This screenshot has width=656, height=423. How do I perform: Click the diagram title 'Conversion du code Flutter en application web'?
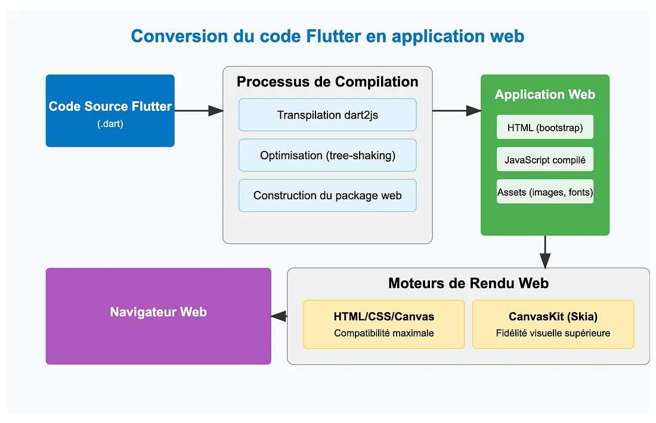(327, 36)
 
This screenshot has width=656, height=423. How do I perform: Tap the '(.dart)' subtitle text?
(110, 125)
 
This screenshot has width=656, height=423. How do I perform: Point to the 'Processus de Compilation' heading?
(327, 82)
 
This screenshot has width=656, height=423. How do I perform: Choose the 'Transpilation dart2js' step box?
(327, 115)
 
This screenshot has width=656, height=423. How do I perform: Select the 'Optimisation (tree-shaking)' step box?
(327, 155)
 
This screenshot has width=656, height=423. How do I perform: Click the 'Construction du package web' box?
(327, 195)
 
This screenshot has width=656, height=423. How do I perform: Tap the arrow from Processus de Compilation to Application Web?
(456, 110)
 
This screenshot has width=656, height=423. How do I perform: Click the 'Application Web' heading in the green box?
(544, 94)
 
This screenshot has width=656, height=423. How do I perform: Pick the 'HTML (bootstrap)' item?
(544, 128)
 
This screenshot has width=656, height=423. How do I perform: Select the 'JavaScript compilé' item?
(544, 160)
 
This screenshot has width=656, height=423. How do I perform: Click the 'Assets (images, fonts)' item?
(544, 192)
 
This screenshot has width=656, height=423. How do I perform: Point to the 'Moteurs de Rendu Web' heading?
(468, 283)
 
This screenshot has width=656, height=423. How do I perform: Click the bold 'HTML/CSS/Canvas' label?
(383, 317)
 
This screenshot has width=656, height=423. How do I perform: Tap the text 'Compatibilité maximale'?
(383, 333)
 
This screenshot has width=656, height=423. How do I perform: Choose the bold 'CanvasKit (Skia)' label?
(553, 317)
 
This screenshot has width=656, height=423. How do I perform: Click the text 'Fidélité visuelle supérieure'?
(553, 333)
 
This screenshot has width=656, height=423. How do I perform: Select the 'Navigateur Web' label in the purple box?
(158, 311)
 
